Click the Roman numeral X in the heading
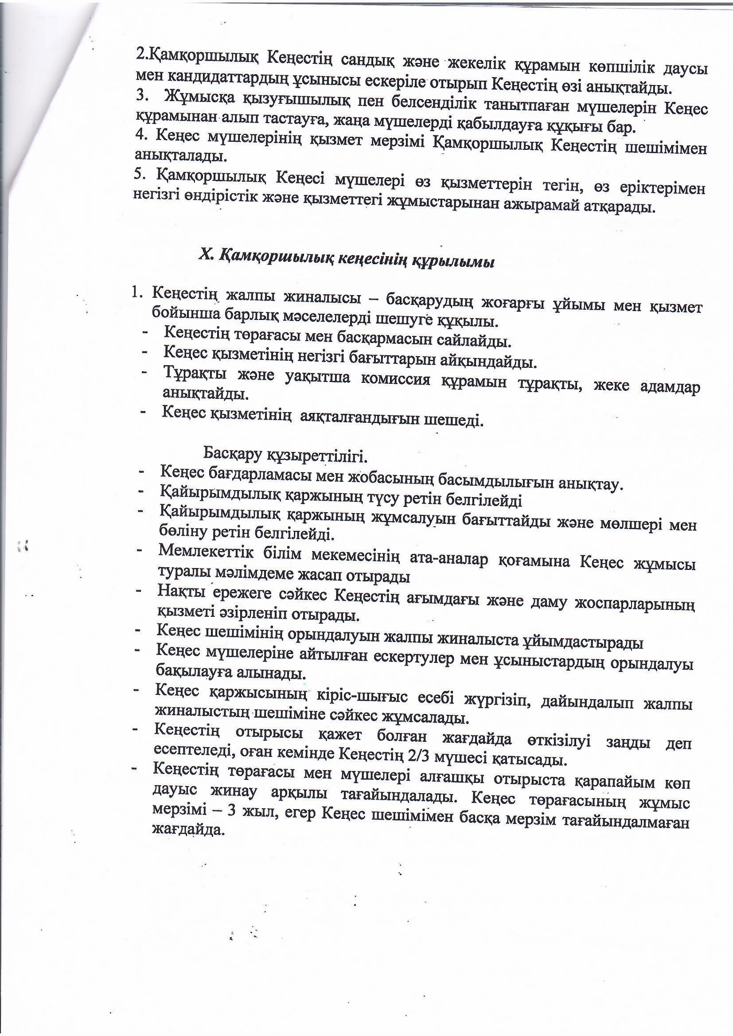pos(205,255)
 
